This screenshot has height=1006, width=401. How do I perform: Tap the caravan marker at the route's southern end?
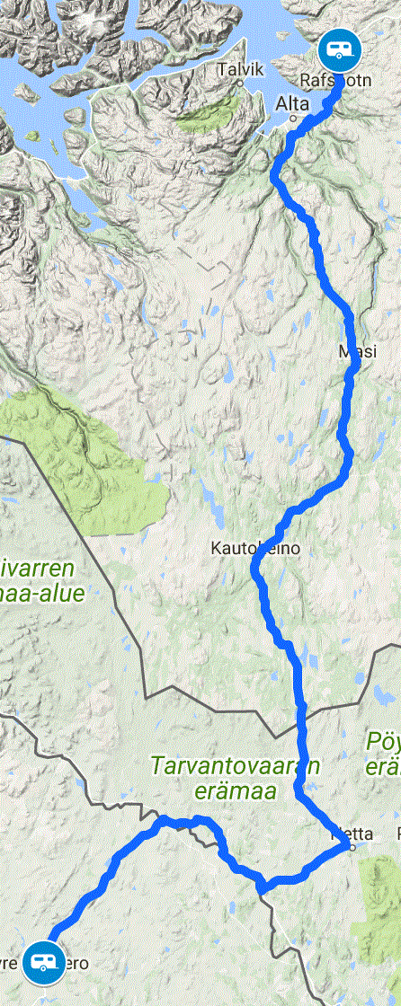[41, 962]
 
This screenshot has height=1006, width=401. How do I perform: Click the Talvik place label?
[233, 69]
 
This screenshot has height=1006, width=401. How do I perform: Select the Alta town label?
[287, 104]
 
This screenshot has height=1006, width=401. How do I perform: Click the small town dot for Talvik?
[241, 84]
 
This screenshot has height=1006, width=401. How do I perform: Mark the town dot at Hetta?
[353, 847]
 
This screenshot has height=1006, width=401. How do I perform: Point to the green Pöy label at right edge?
[382, 741]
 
